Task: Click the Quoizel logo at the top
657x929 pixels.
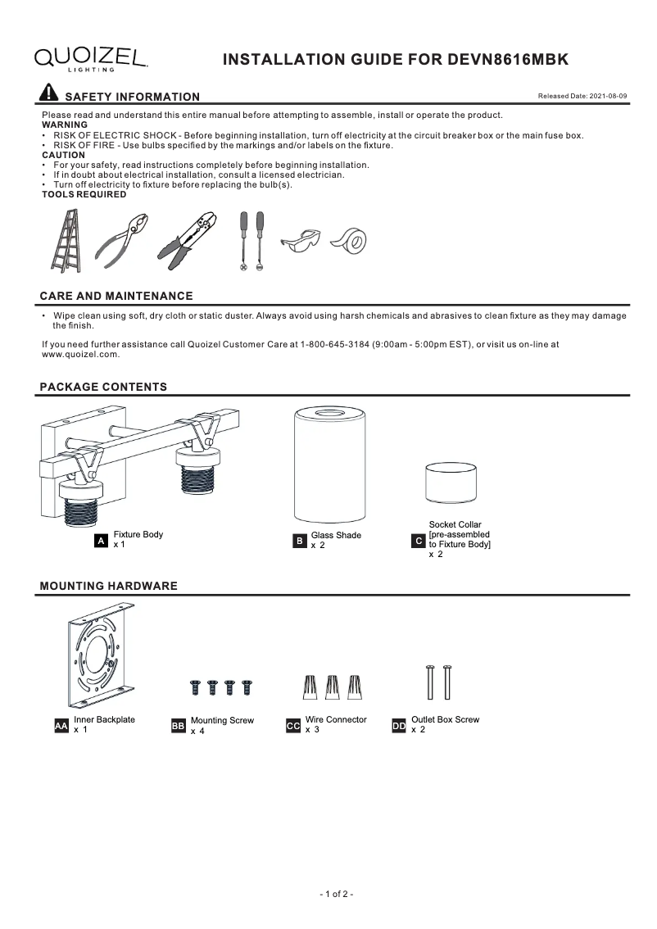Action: pyautogui.click(x=91, y=57)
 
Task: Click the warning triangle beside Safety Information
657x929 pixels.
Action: pyautogui.click(x=49, y=93)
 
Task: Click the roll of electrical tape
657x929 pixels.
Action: pyautogui.click(x=349, y=241)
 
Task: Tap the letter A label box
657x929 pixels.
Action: pyautogui.click(x=101, y=542)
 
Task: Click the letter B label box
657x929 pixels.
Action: pyautogui.click(x=300, y=542)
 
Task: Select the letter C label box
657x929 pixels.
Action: pyautogui.click(x=418, y=542)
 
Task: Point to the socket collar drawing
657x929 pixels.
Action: pyautogui.click(x=451, y=487)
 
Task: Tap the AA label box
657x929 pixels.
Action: pyautogui.click(x=61, y=726)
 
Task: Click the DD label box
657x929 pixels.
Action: pyautogui.click(x=399, y=726)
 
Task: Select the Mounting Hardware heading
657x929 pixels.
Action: pyautogui.click(x=108, y=587)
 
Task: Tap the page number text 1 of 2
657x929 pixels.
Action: pyautogui.click(x=336, y=894)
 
